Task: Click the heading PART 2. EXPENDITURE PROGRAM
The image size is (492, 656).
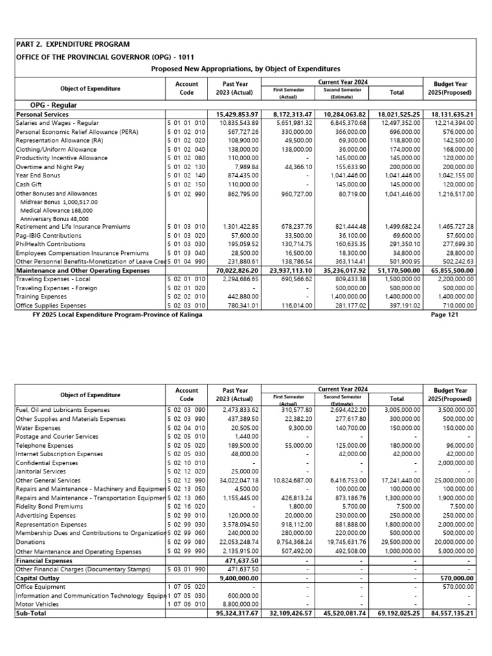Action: point(73,44)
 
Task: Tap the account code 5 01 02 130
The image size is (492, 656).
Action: point(186,167)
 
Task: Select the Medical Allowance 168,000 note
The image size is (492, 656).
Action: point(56,209)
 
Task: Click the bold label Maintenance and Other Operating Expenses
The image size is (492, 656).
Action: point(81,271)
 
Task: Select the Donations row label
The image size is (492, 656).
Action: point(30,542)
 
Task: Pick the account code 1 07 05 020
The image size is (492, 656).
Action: point(186,586)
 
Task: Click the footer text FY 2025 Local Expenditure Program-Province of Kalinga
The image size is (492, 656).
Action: point(121,315)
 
